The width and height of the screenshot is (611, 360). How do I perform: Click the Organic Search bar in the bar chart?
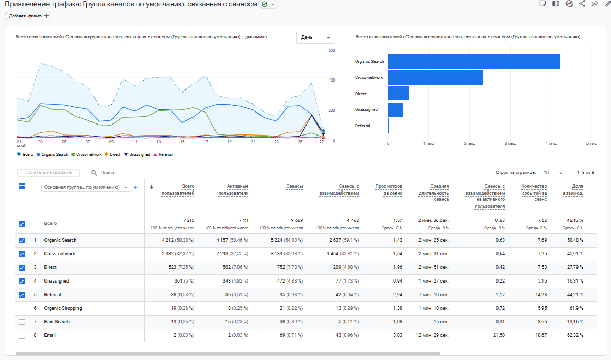[x=473, y=61]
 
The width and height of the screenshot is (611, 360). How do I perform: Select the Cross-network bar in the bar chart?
[x=435, y=77]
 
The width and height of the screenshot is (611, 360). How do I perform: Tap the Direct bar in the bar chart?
[x=399, y=94]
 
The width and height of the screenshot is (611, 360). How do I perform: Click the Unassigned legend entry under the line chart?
[x=137, y=154]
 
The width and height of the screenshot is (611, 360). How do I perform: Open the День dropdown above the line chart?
[x=316, y=37]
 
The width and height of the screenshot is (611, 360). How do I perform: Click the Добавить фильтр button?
[x=28, y=16]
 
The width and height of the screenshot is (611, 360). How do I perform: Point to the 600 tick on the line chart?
[x=331, y=50]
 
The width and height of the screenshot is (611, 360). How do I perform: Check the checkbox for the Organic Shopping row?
[x=22, y=308]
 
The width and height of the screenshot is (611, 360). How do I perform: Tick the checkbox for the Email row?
[x=22, y=335]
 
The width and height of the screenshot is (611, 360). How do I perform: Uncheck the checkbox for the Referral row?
[x=22, y=295]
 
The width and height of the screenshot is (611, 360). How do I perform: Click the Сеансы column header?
[x=295, y=186]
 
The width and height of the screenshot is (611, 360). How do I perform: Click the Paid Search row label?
[x=56, y=322]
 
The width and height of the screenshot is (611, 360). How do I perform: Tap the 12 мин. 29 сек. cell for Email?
[x=432, y=335]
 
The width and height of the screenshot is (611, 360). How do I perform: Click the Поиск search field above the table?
[x=157, y=173]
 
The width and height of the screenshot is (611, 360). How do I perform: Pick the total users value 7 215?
[x=188, y=220]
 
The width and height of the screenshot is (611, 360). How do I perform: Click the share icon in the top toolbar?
[x=582, y=4]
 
